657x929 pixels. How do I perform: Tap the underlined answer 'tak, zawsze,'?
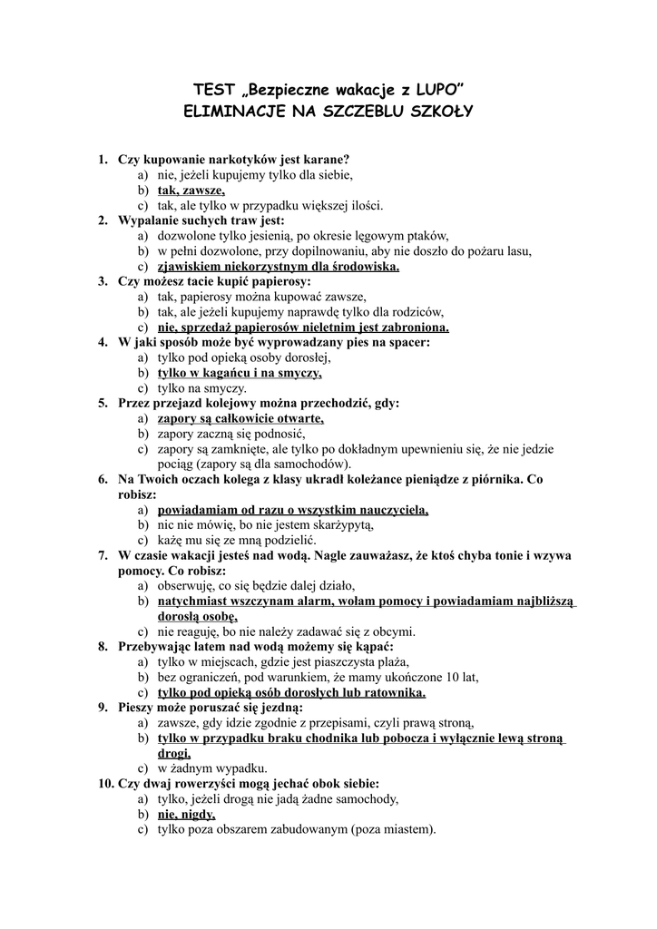point(191,191)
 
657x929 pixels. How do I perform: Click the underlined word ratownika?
point(393,692)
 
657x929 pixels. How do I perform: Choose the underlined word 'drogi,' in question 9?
point(173,753)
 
